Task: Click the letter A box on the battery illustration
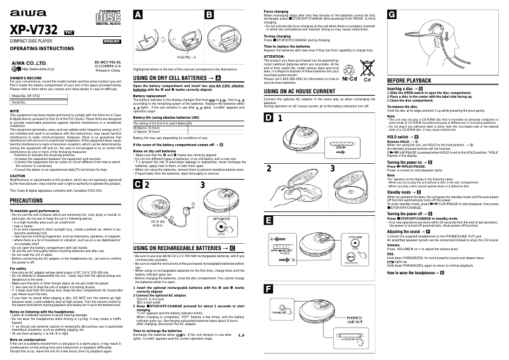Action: pyautogui.click(x=138, y=15)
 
